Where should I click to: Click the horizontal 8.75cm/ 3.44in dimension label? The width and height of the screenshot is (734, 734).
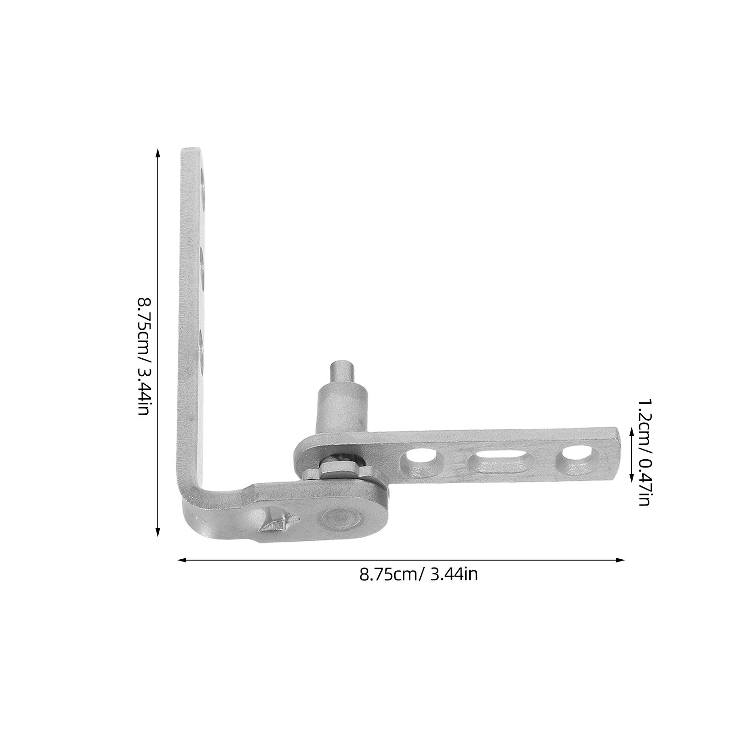pyautogui.click(x=418, y=574)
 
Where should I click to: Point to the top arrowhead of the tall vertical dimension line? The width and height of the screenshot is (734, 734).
pyautogui.click(x=158, y=153)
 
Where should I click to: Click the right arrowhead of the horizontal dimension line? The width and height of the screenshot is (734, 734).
pyautogui.click(x=620, y=560)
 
